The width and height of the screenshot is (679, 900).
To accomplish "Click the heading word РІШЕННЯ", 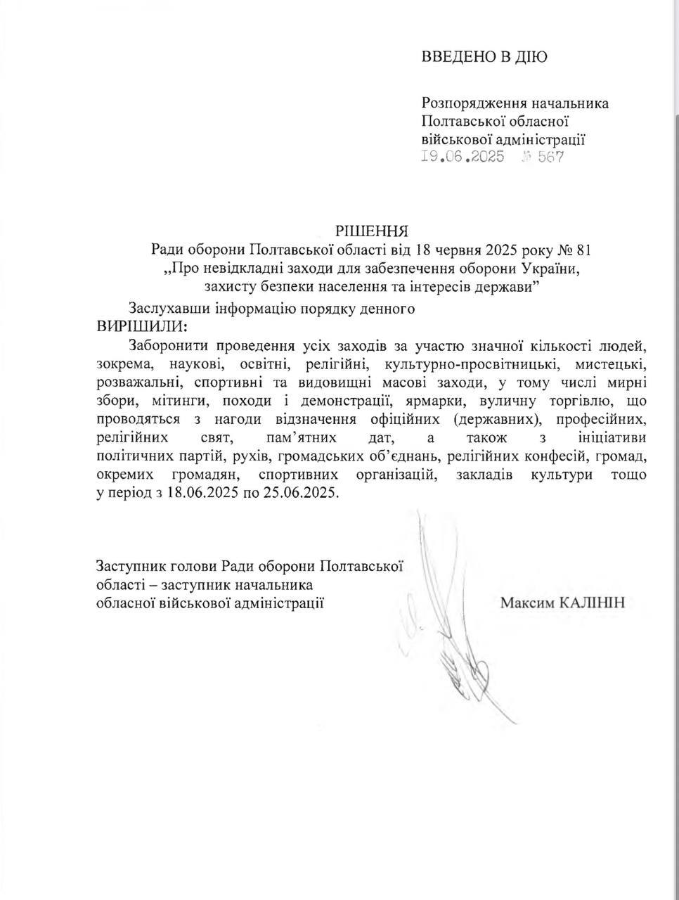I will pyautogui.click(x=372, y=231).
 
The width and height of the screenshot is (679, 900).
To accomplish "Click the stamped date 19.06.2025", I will pyautogui.click(x=463, y=157).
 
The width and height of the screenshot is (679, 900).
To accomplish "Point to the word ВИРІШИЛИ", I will pyautogui.click(x=143, y=326).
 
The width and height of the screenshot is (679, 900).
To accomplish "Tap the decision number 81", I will pyautogui.click(x=582, y=249).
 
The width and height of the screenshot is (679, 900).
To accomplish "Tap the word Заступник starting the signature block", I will pyautogui.click(x=126, y=566).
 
